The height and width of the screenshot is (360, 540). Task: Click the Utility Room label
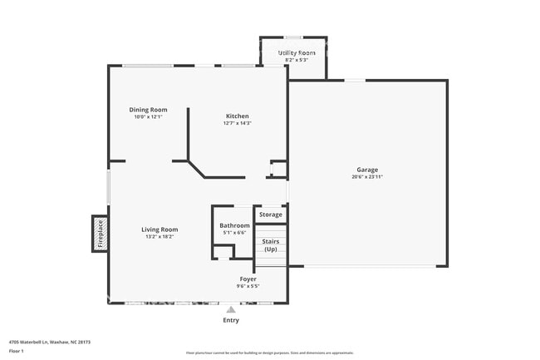(x=297, y=52)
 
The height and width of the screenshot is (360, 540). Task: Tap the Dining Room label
(x=148, y=110)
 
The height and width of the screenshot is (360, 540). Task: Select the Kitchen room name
(x=237, y=116)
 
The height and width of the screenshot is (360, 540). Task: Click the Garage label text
(x=367, y=169)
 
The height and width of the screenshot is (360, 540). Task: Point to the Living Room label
(x=159, y=229)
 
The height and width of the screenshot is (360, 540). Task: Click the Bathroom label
(x=234, y=225)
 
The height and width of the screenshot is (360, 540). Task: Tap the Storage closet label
(x=270, y=215)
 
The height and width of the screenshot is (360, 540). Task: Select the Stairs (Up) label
(x=270, y=245)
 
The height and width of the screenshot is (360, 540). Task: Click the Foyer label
(x=248, y=279)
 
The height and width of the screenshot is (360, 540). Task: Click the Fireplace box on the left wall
(x=99, y=234)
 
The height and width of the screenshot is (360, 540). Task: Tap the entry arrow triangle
(x=231, y=309)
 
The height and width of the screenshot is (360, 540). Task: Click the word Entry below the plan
(x=231, y=320)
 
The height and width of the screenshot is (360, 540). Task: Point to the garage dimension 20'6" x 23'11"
(x=367, y=176)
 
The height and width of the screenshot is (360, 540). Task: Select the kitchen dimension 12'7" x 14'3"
(x=237, y=123)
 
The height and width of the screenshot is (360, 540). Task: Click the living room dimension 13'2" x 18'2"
(x=159, y=237)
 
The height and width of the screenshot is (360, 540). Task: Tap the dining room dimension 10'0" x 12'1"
(x=148, y=117)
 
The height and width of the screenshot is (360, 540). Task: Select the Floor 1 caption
(x=17, y=351)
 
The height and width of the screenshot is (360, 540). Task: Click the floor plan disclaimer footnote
(x=269, y=353)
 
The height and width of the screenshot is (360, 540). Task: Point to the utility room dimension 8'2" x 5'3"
(x=297, y=60)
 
